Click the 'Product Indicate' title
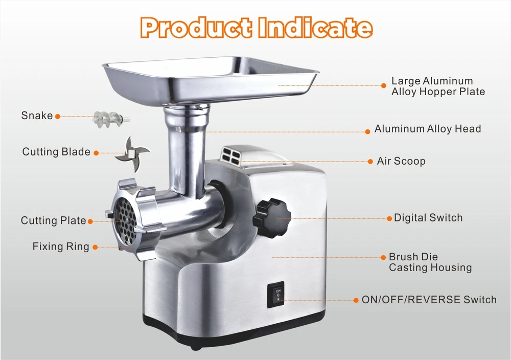(x=256, y=28)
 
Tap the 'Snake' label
(x=37, y=116)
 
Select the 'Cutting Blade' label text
(x=56, y=152)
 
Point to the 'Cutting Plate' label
(x=53, y=221)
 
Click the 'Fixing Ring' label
(x=61, y=246)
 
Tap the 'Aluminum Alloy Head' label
(x=428, y=129)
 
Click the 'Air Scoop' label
(x=401, y=161)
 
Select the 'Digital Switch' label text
(x=428, y=218)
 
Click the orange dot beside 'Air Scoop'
(x=371, y=162)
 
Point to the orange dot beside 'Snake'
(x=58, y=117)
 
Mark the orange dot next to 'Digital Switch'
(x=389, y=218)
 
